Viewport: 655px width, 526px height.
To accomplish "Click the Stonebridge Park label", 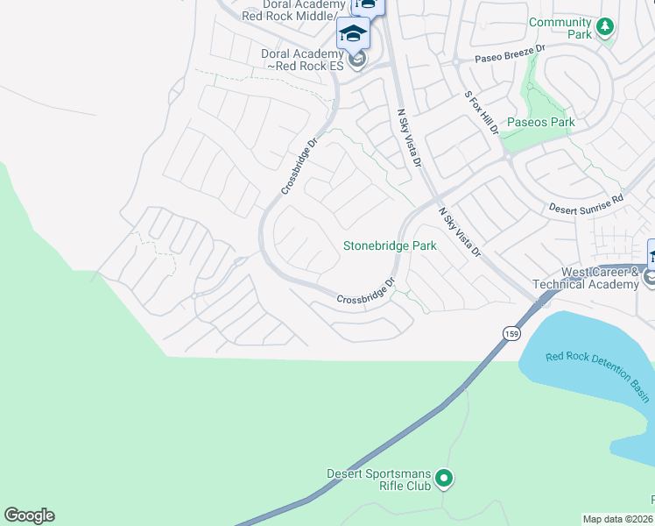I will click(x=390, y=246).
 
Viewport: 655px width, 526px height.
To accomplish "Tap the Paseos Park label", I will click(x=540, y=123).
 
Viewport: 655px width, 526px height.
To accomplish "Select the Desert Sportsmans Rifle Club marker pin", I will click(x=444, y=479).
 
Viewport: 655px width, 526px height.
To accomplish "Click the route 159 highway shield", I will click(x=511, y=332).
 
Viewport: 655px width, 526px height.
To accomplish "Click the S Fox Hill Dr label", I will click(x=482, y=111).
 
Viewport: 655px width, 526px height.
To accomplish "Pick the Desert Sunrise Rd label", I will click(x=586, y=204).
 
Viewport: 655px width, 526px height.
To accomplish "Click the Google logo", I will click(x=29, y=515).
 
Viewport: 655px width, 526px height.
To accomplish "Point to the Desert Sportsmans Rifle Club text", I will click(x=379, y=480).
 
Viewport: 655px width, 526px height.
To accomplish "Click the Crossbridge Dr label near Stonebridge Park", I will click(x=366, y=292).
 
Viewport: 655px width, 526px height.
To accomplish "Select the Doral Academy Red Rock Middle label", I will click(x=289, y=11).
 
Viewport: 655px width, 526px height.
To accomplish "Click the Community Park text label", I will click(x=560, y=28).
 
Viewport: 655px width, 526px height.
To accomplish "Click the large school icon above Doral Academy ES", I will click(x=353, y=33).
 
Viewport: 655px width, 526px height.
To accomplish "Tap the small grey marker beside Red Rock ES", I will click(x=356, y=60).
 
